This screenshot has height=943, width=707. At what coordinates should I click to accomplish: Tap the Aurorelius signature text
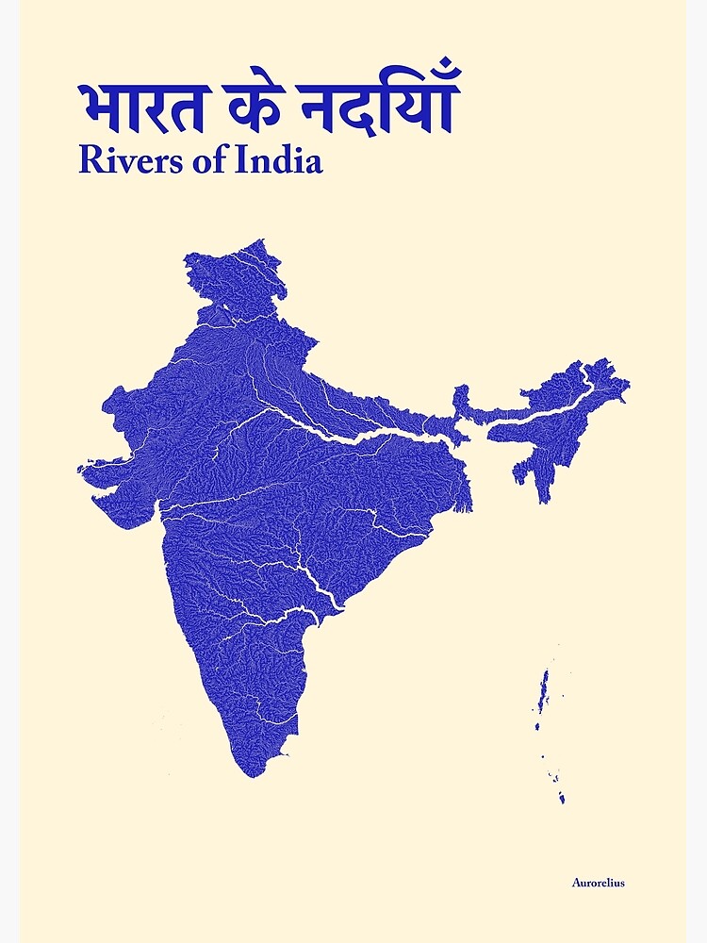tap(598, 883)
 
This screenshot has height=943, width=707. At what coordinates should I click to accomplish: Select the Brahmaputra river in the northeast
tap(547, 401)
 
